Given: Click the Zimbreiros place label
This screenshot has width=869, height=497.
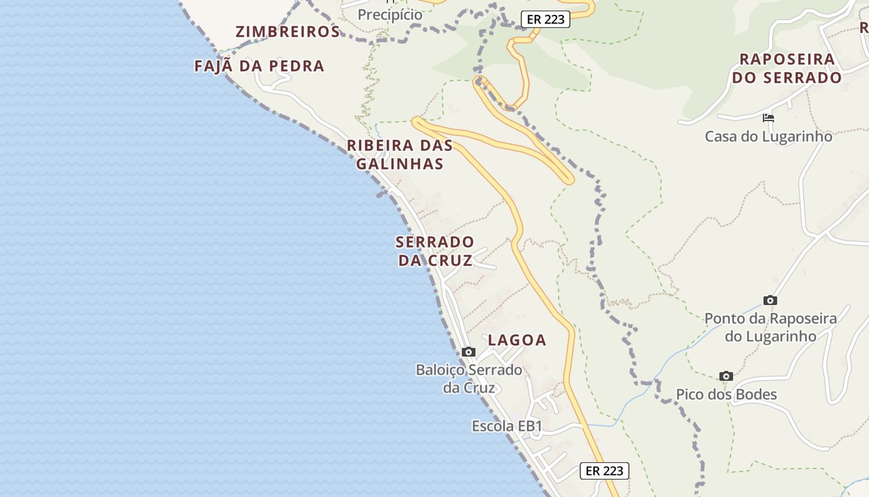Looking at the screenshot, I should (287, 32).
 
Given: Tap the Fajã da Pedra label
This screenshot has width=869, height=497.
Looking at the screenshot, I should (259, 66).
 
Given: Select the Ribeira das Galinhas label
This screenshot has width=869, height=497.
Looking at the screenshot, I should (400, 155).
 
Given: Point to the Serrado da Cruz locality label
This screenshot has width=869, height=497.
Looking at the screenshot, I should (435, 251).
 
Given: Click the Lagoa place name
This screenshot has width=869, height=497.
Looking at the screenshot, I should (517, 340).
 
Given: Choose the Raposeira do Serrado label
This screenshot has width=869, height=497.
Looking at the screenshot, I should (787, 68).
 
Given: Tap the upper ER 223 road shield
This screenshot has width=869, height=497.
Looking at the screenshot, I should (546, 19).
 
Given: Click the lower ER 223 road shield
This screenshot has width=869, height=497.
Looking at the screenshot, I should (605, 471).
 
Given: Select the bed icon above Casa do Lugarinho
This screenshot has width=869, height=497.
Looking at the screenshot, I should (768, 118).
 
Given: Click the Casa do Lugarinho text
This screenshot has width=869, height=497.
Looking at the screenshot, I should (768, 136).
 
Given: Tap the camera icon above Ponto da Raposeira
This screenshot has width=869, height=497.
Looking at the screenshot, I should (770, 301).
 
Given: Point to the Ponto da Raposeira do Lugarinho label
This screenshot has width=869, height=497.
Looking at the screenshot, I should (770, 327).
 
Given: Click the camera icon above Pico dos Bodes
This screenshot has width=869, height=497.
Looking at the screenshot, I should (726, 376).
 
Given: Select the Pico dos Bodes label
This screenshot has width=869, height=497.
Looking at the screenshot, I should (726, 394).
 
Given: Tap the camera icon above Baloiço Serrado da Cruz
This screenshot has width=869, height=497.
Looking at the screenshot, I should (469, 352).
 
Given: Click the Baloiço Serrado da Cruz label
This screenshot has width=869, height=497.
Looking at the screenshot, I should (469, 379).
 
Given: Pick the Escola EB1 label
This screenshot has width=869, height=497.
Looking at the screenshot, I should (507, 426).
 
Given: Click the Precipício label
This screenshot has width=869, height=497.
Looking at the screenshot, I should (390, 14).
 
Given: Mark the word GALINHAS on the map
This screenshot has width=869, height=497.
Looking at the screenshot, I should (400, 164).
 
